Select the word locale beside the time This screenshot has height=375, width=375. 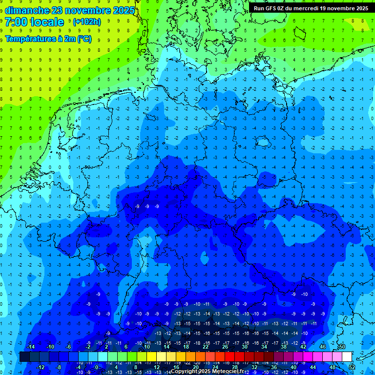47,22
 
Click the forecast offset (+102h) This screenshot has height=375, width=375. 86,22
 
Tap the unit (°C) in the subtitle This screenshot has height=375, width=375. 83,39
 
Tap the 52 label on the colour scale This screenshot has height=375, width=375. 352,367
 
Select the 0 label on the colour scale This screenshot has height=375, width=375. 97,367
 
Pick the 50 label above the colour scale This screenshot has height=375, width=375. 342,347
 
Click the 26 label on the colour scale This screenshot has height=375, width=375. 225,347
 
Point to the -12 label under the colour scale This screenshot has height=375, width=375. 40,367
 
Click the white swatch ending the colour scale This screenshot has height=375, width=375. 347,357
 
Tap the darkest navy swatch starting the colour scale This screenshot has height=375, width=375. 24,357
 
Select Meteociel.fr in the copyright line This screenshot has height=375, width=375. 228,372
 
